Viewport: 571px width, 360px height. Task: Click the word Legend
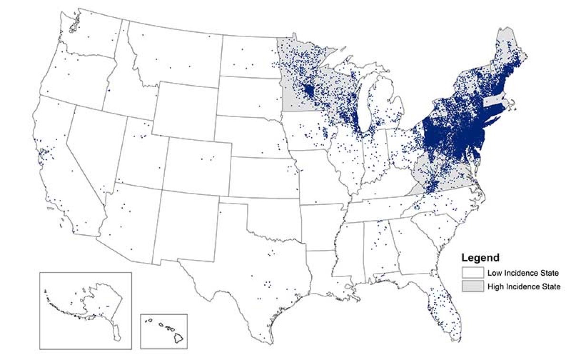click(x=480, y=259)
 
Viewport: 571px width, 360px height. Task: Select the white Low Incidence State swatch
click(x=472, y=273)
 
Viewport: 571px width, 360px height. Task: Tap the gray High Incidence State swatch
click(x=472, y=286)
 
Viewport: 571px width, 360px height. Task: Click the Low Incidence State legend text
click(x=516, y=273)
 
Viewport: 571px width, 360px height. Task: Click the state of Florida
click(x=443, y=305)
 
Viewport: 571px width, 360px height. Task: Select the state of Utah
click(x=140, y=152)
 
